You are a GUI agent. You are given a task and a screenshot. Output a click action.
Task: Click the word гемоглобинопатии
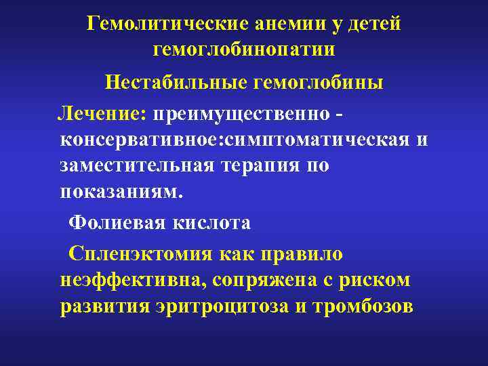(x=245, y=49)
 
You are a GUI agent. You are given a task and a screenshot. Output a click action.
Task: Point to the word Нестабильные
(x=174, y=83)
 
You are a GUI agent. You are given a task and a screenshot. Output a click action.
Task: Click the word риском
(x=376, y=279)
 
